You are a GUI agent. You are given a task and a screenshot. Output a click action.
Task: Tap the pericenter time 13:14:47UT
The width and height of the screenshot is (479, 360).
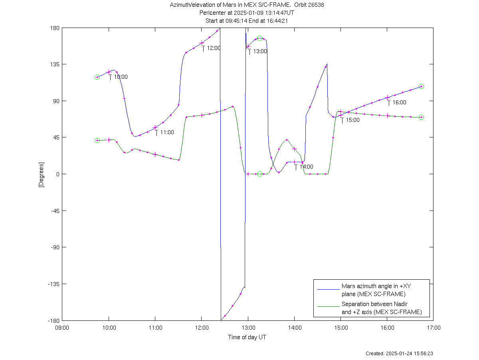coord(279,13)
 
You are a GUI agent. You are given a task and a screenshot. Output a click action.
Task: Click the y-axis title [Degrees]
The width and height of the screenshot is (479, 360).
coord(41,174)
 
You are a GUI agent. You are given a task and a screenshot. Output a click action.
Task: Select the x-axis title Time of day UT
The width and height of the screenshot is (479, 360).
coord(247,337)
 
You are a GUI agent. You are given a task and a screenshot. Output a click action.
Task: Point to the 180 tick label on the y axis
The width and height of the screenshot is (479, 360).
coord(55,28)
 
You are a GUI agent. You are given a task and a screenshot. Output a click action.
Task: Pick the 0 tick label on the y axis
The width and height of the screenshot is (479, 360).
coord(58,174)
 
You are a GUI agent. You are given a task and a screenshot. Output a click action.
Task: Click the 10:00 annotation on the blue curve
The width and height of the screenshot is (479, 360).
coord(121,77)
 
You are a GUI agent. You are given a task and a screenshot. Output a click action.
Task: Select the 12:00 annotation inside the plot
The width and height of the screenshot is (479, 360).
coord(214,48)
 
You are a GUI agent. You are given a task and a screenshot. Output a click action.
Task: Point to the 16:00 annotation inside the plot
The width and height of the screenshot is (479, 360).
coord(399,102)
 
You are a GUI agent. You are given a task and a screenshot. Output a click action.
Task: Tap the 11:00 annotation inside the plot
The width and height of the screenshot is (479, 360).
coord(167,132)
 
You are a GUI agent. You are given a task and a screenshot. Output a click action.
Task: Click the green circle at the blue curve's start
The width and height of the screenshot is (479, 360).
coord(97,77)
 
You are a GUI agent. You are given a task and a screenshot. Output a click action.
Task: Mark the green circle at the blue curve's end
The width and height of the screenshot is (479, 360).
coord(421,87)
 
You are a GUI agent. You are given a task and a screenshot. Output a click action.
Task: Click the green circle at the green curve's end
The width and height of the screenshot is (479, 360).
coord(421,117)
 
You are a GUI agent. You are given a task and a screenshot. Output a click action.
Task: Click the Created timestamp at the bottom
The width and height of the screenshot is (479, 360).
coord(399,353)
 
